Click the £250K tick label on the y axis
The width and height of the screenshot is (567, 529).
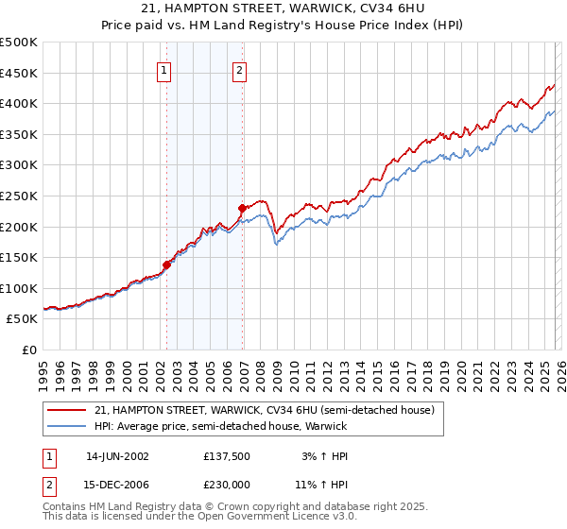click(x=19, y=196)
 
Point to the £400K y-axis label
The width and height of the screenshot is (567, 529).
click(x=19, y=104)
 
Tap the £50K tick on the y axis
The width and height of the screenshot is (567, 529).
click(x=23, y=319)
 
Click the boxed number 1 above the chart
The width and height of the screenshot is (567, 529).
click(x=164, y=70)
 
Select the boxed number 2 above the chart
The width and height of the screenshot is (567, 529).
click(x=240, y=70)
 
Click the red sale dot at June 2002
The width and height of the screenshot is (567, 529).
click(x=167, y=265)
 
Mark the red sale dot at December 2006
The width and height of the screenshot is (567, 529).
click(x=243, y=208)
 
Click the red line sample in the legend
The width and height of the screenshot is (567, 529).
click(x=67, y=410)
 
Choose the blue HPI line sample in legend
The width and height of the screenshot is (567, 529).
click(x=67, y=427)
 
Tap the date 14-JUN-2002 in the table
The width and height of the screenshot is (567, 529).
click(x=117, y=455)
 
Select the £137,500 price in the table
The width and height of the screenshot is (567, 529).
click(x=226, y=455)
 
